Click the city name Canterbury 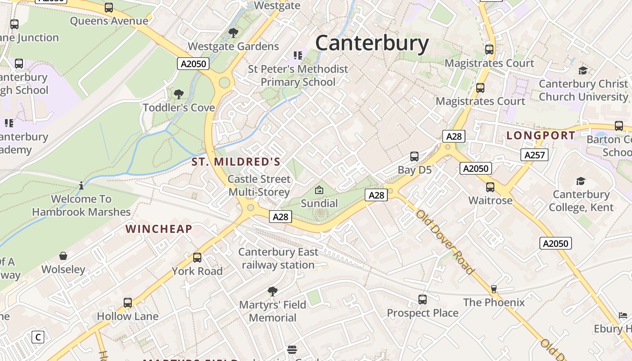tap(372, 43)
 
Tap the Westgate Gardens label tap(233, 46)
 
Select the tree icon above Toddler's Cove tap(179, 94)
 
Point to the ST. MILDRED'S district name tap(236, 162)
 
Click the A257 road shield tap(534, 155)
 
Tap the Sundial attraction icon tap(319, 190)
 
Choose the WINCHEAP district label tap(159, 229)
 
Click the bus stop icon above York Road tap(197, 258)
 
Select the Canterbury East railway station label tap(278, 258)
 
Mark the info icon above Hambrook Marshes tap(81, 185)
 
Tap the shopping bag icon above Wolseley tap(63, 256)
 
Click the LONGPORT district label tap(541, 135)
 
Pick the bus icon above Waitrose tap(490, 187)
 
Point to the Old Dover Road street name tap(445, 242)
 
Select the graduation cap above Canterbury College tap(581, 181)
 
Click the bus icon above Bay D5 tap(414, 157)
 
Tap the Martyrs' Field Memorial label tap(272, 311)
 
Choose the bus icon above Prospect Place tap(423, 300)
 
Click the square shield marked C tap(38, 337)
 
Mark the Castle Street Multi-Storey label tap(259, 185)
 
